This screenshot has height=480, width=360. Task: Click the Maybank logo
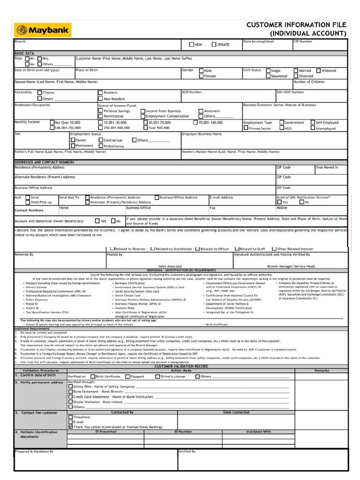(x=43, y=31)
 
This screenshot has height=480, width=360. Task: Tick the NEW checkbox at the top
(x=191, y=45)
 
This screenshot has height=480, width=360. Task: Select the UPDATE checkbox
(x=214, y=45)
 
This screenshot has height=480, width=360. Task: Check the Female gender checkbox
(x=201, y=76)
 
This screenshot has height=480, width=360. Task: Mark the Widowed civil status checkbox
(x=319, y=71)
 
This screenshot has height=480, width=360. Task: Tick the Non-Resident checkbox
(x=100, y=99)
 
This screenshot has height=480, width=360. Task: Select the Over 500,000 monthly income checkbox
(x=145, y=127)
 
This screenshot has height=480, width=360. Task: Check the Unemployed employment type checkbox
(x=312, y=128)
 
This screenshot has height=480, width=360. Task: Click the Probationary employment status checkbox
(x=100, y=146)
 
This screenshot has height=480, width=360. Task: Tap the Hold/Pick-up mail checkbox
(x=27, y=202)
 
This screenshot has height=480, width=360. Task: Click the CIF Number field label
(x=302, y=42)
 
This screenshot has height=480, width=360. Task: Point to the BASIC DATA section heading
(x=24, y=53)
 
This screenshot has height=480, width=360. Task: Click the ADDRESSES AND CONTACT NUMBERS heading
(x=45, y=162)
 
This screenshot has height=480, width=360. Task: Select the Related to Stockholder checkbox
(x=152, y=249)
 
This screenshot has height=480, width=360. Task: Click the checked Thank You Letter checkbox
(x=71, y=427)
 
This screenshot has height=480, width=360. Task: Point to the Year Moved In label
(x=327, y=167)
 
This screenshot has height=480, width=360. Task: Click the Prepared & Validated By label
(x=34, y=451)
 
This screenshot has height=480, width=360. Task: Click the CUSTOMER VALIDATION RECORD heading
(x=181, y=366)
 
